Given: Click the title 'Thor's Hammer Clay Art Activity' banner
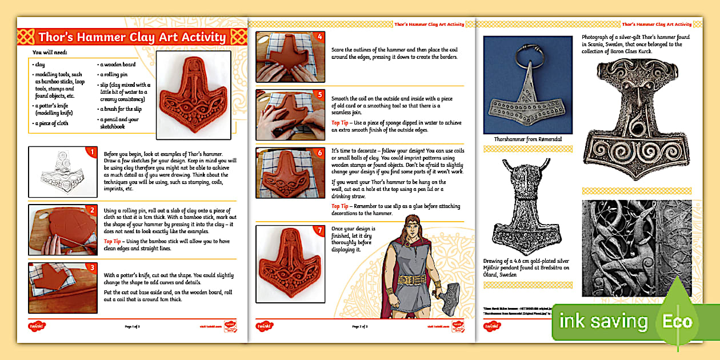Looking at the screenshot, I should tap(132, 38).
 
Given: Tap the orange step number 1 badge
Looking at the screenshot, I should tap(89, 152).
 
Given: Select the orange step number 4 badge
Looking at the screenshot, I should tap(319, 37).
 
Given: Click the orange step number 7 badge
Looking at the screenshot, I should tap(319, 231).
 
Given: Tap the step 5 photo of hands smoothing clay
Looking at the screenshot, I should tap(290, 115).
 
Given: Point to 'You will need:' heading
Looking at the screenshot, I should tap(50, 52).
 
